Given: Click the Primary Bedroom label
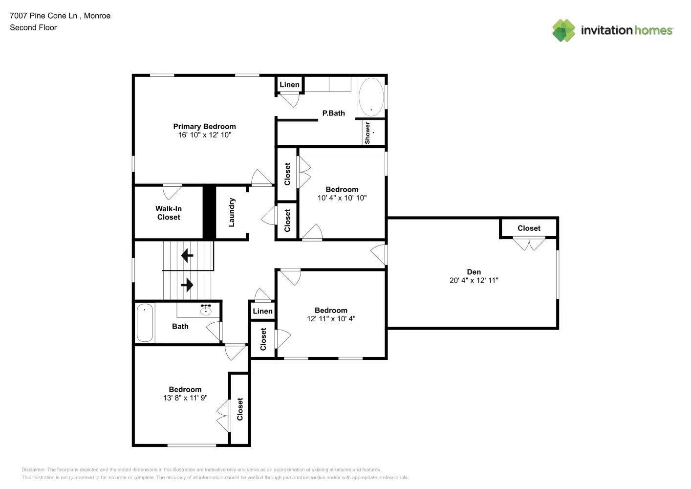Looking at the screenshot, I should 204,127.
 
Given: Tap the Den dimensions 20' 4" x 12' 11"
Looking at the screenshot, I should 474,281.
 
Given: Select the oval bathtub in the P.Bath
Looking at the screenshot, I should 371,97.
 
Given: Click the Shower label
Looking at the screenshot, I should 367,133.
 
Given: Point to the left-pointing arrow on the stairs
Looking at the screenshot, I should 187,255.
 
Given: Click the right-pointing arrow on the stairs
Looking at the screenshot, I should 187,285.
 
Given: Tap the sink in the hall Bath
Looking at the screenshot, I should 206,310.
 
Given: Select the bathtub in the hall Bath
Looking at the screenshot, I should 145,323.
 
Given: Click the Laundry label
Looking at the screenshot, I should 232,212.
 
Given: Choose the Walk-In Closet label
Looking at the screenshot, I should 169,213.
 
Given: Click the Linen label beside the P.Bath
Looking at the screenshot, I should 289,85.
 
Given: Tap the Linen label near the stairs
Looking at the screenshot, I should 262,311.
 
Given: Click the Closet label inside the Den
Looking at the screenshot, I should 529,228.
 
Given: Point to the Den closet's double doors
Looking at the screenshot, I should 529,243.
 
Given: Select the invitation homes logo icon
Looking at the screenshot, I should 563,30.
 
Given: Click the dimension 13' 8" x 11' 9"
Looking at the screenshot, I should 185,398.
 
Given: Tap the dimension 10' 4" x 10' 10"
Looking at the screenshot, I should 342,198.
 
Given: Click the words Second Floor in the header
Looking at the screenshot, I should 33,27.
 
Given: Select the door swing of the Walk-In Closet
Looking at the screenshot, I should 172,191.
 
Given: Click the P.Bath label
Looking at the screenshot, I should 333,113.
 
